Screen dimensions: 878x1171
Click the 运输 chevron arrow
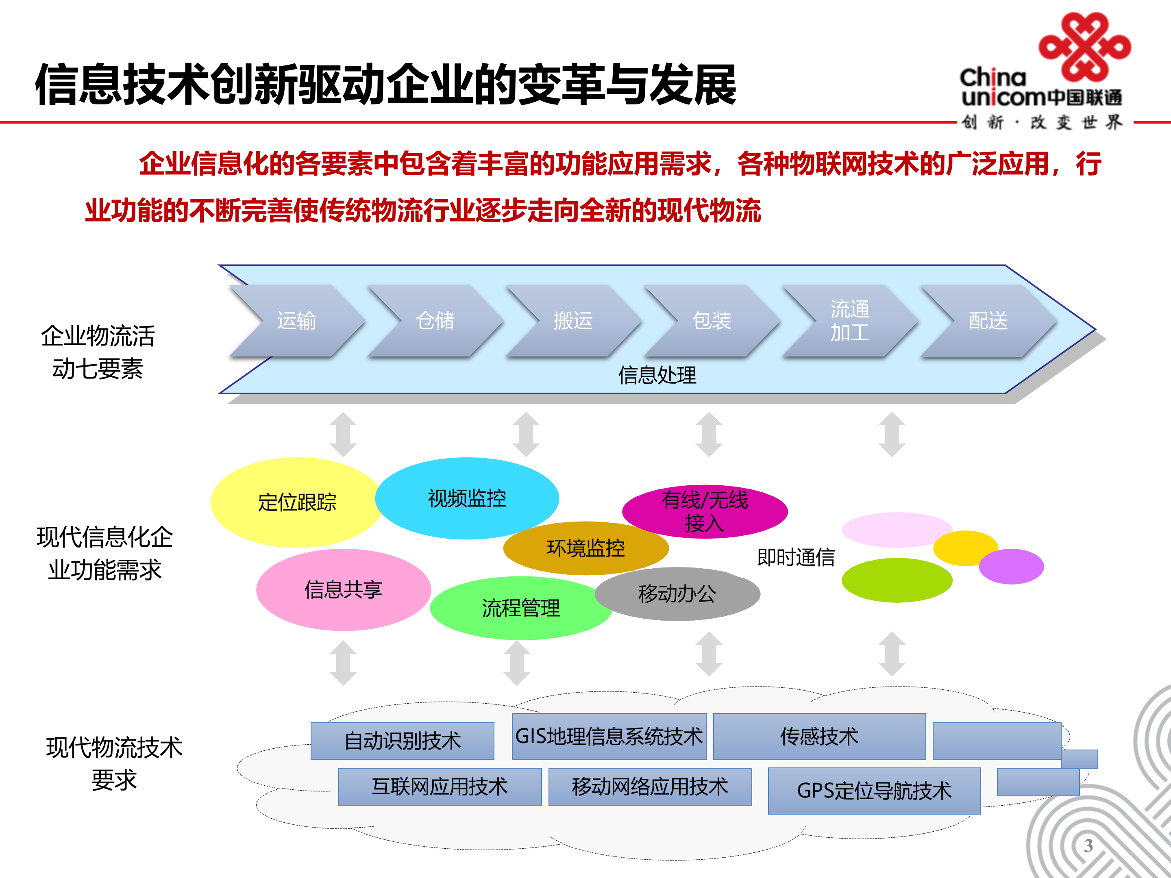(296, 321)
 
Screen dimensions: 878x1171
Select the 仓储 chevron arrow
(435, 321)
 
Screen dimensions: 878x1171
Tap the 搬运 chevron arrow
(573, 321)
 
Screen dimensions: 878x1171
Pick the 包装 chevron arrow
(712, 321)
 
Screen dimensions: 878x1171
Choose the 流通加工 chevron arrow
(850, 321)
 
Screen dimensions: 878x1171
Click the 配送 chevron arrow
(988, 321)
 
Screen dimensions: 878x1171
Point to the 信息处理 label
(657, 375)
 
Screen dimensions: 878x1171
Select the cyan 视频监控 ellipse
(466, 498)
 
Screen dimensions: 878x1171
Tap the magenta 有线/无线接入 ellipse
(705, 511)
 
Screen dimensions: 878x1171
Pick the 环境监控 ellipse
(585, 548)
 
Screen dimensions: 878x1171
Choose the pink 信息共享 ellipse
(343, 589)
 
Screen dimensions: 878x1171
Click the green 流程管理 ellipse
(520, 608)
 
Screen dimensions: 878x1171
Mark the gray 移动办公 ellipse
(677, 594)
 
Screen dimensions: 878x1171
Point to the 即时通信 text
(796, 557)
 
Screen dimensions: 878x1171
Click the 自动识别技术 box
(403, 741)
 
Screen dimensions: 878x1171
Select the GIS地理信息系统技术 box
(609, 736)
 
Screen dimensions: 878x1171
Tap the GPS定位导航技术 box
(874, 791)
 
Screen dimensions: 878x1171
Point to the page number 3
(1088, 845)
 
